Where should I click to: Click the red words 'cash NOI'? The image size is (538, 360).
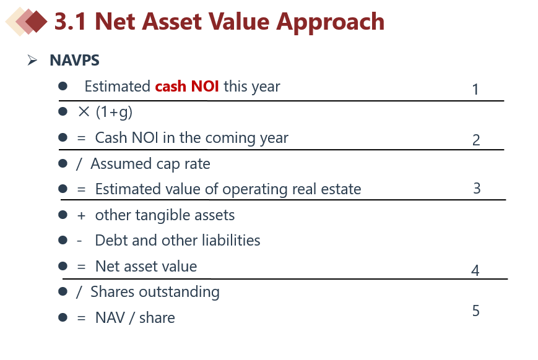186,86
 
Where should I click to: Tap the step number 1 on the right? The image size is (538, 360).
475,90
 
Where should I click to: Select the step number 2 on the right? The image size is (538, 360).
476,140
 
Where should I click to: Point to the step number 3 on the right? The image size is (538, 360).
477,188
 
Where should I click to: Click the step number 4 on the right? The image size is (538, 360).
475,270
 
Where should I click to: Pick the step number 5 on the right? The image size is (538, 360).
475,311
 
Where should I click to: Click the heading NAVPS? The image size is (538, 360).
74,61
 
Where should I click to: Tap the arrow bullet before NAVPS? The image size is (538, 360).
32,61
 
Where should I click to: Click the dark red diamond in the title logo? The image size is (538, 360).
36,22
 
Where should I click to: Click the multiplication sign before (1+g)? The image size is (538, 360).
84,112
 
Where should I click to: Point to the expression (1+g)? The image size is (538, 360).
114,112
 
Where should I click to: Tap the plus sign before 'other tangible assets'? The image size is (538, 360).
81,216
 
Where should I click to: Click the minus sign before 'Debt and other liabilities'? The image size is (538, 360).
79,241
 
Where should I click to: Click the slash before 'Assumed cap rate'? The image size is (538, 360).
79,164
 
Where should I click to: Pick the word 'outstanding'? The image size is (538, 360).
179,293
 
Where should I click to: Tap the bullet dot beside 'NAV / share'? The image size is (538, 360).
63,317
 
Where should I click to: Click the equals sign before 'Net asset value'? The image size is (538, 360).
81,267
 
